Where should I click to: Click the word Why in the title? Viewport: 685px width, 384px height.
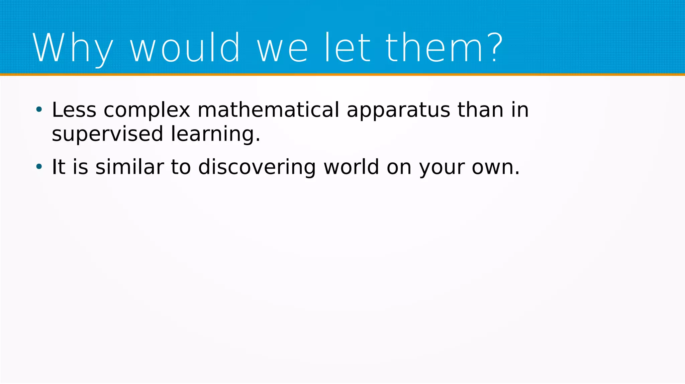[73, 48]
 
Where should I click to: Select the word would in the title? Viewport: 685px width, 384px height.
[185, 48]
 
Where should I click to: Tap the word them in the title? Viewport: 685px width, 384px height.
[434, 48]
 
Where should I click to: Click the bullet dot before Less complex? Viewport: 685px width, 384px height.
[39, 109]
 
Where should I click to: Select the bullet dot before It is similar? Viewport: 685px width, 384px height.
[39, 166]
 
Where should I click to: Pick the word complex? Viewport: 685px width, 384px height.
[147, 110]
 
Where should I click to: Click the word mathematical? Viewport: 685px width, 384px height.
[268, 110]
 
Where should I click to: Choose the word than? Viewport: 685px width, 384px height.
[480, 110]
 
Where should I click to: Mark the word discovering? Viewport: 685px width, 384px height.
[257, 167]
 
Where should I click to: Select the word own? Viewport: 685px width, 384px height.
[493, 167]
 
